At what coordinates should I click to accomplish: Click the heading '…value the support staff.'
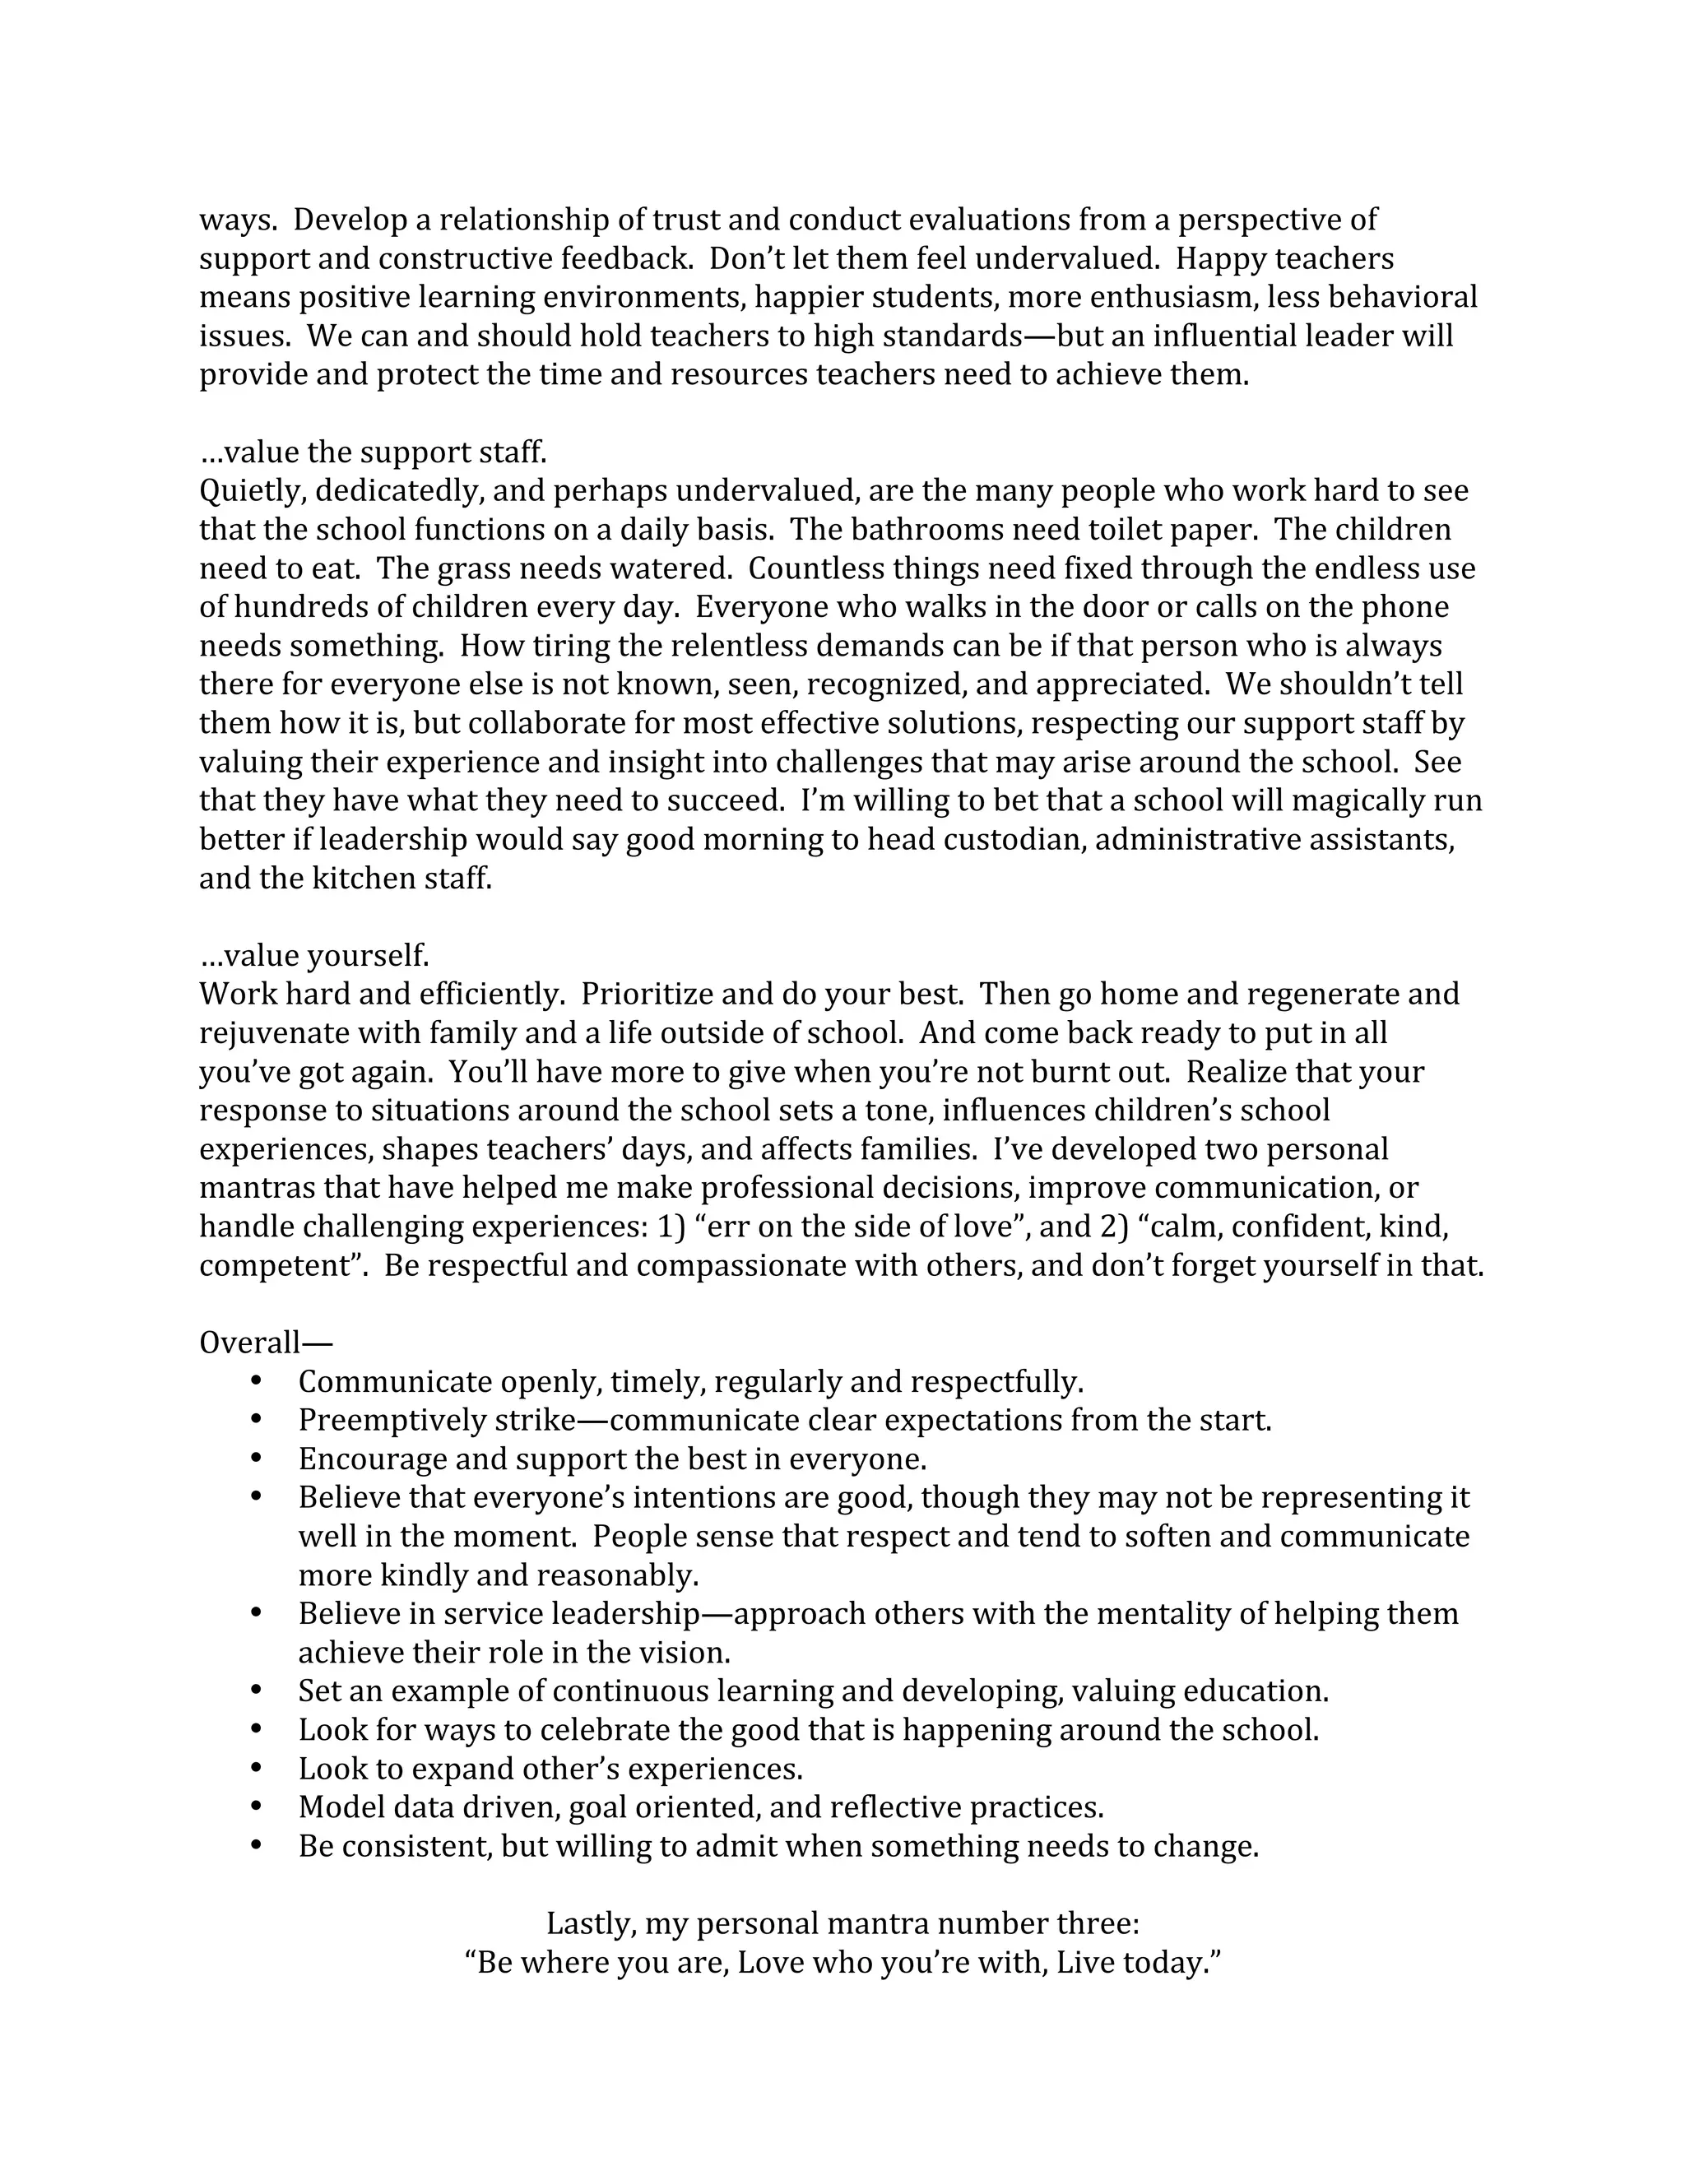click(x=374, y=452)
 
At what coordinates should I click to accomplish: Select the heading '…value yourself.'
click(x=314, y=955)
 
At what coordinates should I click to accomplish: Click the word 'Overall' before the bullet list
click(x=249, y=1343)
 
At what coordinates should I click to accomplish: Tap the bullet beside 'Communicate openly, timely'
click(x=257, y=1380)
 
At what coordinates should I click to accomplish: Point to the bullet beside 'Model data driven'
click(x=257, y=1806)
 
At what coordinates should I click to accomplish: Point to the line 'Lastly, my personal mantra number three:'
click(x=842, y=1923)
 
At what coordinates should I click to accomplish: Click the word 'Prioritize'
click(x=647, y=995)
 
